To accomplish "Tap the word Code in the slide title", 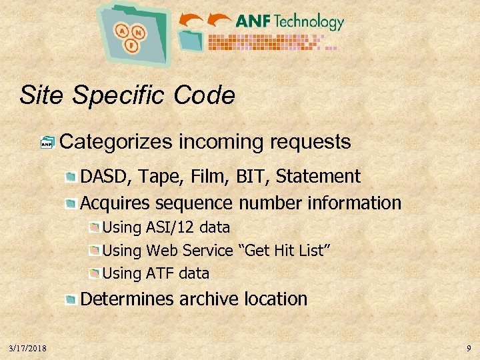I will click(205, 95).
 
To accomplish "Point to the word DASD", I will click(103, 177).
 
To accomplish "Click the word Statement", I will click(318, 177).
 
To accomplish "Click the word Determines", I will click(127, 299).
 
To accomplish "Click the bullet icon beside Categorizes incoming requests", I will click(47, 143).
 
